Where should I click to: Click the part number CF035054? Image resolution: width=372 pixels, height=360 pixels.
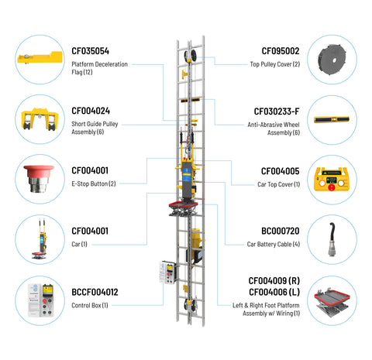tap(90, 51)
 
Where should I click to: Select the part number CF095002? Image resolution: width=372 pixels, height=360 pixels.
tap(281, 51)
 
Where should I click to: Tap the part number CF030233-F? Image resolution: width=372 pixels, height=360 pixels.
tap(277, 111)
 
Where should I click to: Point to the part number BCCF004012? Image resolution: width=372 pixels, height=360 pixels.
tap(95, 292)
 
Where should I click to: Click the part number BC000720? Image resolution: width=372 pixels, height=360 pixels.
tap(281, 231)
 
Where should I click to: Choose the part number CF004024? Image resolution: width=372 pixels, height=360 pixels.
tap(91, 111)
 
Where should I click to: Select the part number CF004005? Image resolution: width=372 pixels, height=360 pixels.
tap(281, 171)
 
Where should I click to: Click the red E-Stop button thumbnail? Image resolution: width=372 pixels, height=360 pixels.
tap(39, 179)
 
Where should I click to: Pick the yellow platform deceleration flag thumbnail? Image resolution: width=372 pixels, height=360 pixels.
tap(40, 58)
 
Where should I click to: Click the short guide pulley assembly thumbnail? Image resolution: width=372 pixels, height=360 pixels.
tap(40, 119)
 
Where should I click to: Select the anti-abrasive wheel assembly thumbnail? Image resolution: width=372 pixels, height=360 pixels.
tap(332, 119)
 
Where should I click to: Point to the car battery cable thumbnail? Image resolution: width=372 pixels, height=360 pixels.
tap(332, 239)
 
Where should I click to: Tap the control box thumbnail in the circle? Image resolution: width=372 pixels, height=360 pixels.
tap(40, 300)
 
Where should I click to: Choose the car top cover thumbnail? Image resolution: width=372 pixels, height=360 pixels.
tap(332, 179)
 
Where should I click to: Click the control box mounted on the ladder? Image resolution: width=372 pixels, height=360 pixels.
tap(167, 273)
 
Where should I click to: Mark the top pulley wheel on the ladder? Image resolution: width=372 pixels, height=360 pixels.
tap(190, 56)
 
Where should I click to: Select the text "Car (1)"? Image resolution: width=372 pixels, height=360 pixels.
tap(79, 244)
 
